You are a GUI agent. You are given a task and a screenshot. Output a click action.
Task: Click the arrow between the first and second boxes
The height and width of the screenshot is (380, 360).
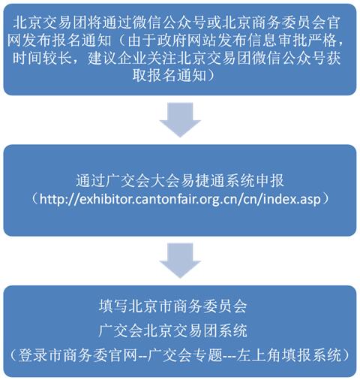point(180,119)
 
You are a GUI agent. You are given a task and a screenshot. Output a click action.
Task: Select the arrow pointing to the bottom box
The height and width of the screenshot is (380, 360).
point(180,261)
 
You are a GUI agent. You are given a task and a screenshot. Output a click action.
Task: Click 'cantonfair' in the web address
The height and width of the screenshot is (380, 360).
point(160,199)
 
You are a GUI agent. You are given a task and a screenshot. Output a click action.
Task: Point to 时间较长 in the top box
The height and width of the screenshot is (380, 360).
point(42,59)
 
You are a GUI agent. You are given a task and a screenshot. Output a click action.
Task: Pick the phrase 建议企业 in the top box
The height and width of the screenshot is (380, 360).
point(117,59)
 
